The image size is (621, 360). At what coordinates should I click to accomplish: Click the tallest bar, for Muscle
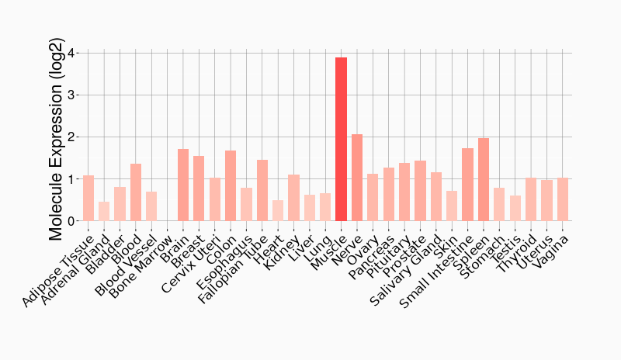[341, 140]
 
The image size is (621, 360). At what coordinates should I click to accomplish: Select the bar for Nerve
[357, 178]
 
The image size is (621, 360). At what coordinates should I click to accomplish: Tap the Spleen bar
[484, 179]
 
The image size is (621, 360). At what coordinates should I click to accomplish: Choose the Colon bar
[231, 185]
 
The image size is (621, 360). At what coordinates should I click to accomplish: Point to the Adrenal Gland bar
[104, 211]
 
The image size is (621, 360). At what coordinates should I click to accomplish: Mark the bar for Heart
[278, 210]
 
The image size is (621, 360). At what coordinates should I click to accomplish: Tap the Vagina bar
[563, 199]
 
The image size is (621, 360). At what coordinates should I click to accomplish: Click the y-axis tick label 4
[71, 54]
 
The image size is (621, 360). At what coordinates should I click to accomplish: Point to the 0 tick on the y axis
[71, 221]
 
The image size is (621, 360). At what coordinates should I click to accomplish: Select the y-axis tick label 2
[71, 137]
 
